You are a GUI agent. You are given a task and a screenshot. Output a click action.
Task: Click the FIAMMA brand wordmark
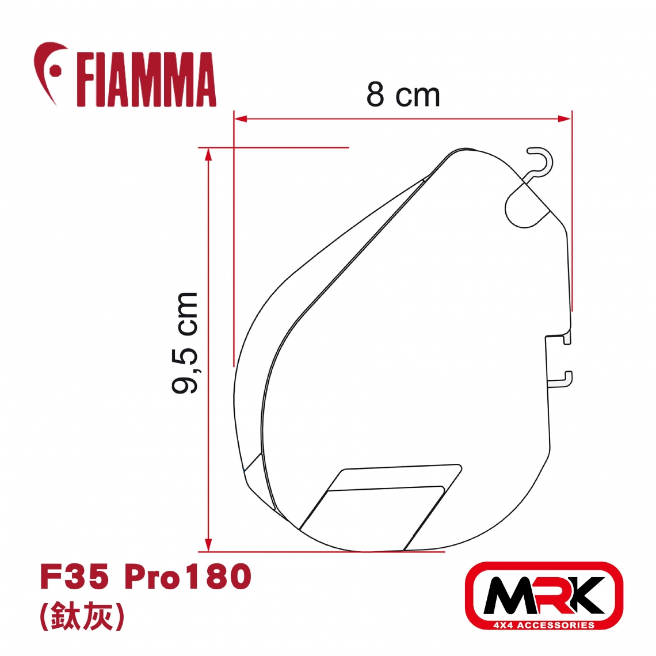pos(146,79)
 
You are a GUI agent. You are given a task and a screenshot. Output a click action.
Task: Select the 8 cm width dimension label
pos(403,95)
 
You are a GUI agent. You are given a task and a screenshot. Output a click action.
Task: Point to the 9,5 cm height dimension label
pos(185,343)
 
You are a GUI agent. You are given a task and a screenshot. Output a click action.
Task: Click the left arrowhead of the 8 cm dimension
pos(241,119)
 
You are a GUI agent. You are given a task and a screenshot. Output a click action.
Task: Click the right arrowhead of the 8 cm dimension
pos(565,119)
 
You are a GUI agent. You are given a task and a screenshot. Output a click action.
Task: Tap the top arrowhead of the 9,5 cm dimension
pos(208,155)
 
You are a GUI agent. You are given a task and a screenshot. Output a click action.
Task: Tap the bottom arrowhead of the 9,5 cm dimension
pos(208,545)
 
